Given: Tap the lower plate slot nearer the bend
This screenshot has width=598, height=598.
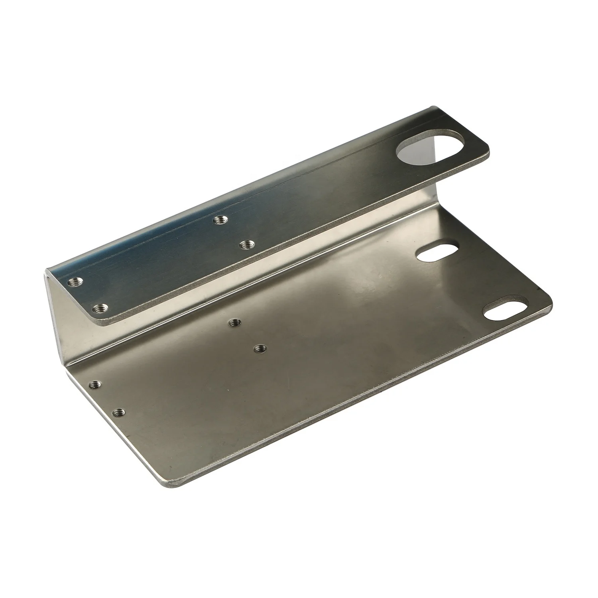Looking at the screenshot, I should coord(437,254).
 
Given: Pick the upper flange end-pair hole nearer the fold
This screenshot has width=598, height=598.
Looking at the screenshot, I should coord(75,283).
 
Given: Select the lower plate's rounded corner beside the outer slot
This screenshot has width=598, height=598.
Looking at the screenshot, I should coord(548,299).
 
